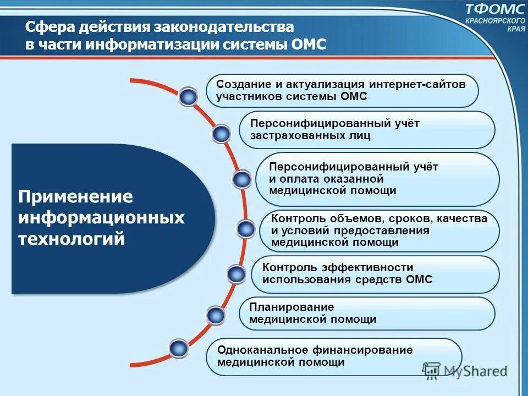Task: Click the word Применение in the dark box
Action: [76, 197]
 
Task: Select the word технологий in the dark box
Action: [72, 239]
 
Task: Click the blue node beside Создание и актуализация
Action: [189, 97]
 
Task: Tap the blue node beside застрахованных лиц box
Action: [221, 134]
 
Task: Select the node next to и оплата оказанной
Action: [241, 179]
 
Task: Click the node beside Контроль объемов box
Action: [245, 228]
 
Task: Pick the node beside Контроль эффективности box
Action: [236, 273]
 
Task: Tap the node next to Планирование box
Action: [216, 315]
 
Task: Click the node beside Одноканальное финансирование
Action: [178, 348]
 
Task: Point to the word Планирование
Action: [284, 307]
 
